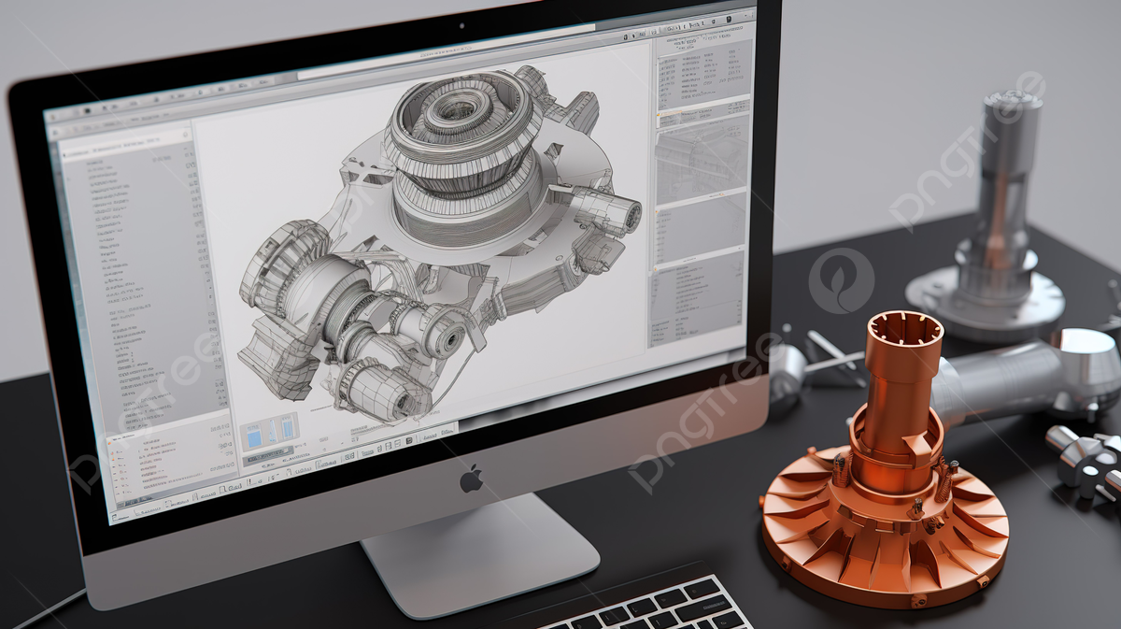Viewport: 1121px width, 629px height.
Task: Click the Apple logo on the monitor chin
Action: tap(472, 479)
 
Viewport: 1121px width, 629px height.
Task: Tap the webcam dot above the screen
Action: tap(461, 25)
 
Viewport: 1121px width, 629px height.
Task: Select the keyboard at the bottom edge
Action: tap(654, 607)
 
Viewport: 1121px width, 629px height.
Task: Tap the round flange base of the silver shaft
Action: tap(985, 298)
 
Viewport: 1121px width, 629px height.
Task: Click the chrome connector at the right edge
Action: tap(1088, 458)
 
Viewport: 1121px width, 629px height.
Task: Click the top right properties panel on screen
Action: tap(702, 75)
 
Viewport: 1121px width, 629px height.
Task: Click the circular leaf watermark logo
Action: tap(841, 280)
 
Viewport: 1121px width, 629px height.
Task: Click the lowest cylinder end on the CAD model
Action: tap(392, 398)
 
